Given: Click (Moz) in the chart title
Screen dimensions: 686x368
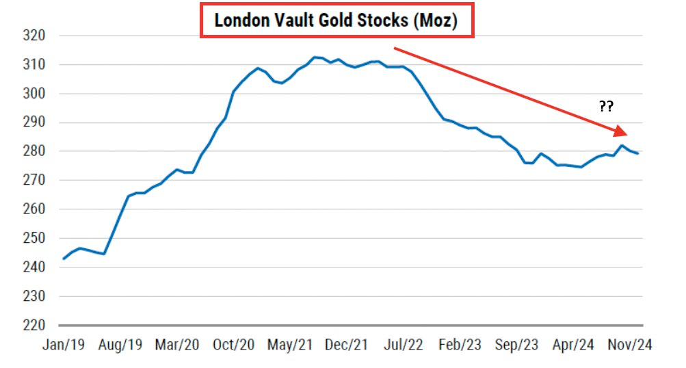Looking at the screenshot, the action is click(x=436, y=21).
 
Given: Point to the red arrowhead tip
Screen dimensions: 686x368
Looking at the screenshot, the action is click(x=628, y=135).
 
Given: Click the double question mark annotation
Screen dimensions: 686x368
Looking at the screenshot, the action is click(x=607, y=106).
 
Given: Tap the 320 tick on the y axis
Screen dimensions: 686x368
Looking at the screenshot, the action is click(x=34, y=36).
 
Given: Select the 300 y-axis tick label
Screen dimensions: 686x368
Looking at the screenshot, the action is click(x=34, y=93).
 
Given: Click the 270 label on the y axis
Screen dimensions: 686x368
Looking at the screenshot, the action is click(x=34, y=180).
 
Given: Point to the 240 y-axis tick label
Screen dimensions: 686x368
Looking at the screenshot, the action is click(x=34, y=267).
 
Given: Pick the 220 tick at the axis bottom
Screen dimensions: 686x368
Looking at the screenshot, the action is click(x=34, y=325).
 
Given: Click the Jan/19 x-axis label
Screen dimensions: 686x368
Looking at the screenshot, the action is click(x=64, y=345).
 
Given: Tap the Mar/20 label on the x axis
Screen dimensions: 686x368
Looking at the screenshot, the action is click(x=177, y=345).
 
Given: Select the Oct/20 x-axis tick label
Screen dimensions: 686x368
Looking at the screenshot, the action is click(x=234, y=345).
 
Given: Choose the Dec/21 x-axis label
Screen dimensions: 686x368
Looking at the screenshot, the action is click(x=347, y=345).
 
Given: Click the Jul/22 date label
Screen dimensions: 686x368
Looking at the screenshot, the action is click(x=404, y=345).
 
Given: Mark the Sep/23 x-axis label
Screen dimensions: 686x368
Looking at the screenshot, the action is click(x=516, y=345).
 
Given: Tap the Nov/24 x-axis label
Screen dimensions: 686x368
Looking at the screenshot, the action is click(x=630, y=345).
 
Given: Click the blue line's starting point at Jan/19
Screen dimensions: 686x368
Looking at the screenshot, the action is click(x=64, y=259).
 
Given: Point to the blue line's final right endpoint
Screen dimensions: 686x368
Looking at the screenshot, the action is click(x=638, y=154).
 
